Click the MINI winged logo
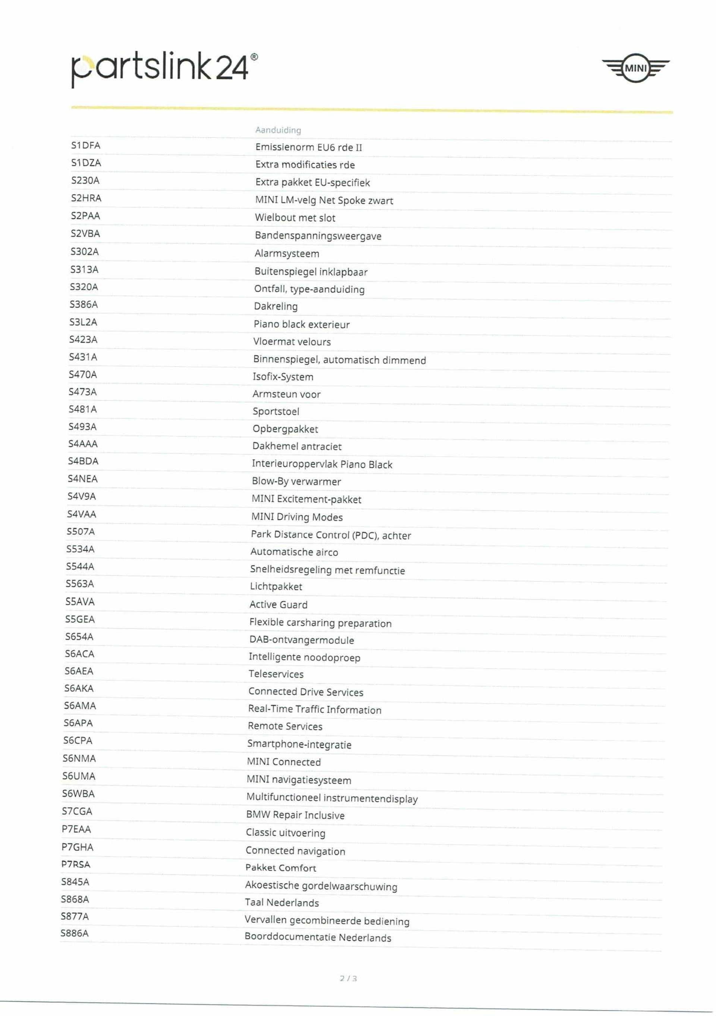click(635, 68)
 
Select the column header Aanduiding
click(278, 130)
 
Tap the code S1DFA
click(86, 145)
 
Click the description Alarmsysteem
click(287, 254)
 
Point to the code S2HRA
click(86, 198)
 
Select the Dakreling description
click(276, 306)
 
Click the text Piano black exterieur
click(301, 324)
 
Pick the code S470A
click(83, 375)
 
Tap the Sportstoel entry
click(276, 412)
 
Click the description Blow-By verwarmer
click(296, 481)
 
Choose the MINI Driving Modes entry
click(296, 517)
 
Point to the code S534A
click(81, 549)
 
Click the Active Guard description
click(278, 604)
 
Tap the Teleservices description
click(276, 674)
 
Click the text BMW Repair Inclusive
click(295, 815)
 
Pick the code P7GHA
click(78, 847)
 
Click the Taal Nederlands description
click(282, 902)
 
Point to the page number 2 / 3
click(348, 978)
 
